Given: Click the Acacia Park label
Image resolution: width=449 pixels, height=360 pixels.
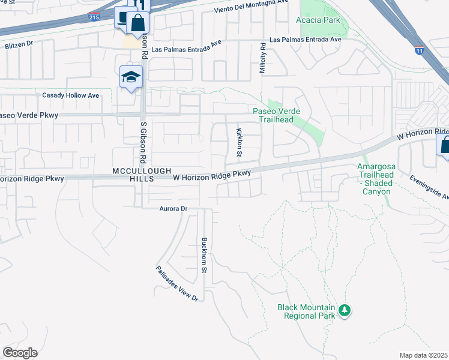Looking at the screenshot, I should pyautogui.click(x=318, y=20).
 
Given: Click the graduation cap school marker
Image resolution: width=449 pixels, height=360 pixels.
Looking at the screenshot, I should pyautogui.click(x=131, y=77).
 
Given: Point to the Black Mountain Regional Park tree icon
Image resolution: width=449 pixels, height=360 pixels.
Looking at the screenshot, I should pyautogui.click(x=344, y=310).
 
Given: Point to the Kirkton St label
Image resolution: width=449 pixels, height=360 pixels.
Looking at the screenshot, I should pyautogui.click(x=239, y=142).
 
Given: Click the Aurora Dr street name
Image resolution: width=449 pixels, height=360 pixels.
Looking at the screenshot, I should pyautogui.click(x=173, y=208).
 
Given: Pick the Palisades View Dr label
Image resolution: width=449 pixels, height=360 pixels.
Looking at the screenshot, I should pyautogui.click(x=176, y=284).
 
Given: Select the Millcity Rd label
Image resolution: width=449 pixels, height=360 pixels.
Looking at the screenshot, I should pyautogui.click(x=262, y=58).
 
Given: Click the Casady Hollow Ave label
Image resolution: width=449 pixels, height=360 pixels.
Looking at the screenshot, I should pyautogui.click(x=70, y=95).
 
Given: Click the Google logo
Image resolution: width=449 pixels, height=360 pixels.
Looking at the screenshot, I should pyautogui.click(x=20, y=353).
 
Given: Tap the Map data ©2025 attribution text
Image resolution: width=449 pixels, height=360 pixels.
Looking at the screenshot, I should pyautogui.click(x=423, y=355).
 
